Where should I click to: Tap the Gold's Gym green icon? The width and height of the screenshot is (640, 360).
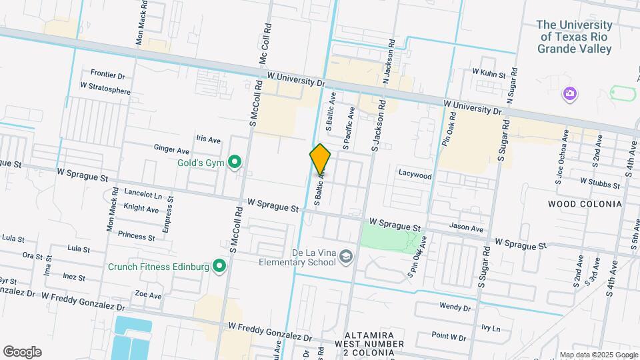pos(234,162)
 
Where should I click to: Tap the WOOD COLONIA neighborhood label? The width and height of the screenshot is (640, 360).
pos(585,204)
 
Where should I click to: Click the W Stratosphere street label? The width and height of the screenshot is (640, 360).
pos(105,86)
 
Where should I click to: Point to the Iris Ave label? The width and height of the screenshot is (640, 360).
pos(208,139)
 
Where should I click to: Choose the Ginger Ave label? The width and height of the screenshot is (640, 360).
pos(171,149)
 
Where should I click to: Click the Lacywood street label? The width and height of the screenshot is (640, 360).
pos(415,176)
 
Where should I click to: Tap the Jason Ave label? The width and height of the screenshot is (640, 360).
pos(466,228)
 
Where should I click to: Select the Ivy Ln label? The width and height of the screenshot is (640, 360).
pos(490,328)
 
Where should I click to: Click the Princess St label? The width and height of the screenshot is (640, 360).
pos(136,236)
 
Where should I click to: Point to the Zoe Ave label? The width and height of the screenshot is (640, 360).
pos(148,295)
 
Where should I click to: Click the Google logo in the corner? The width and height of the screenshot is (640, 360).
pos(22,352)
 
